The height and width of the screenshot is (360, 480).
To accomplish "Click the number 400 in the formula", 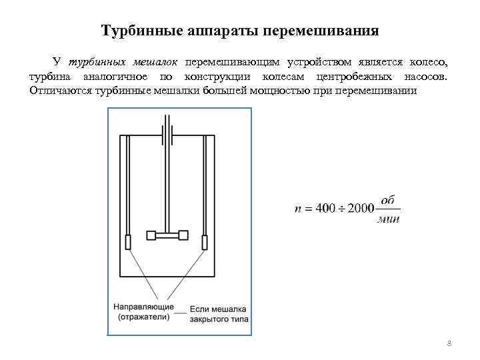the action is tap(325, 209).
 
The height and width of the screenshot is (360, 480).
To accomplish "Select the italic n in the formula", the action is tap(297, 209).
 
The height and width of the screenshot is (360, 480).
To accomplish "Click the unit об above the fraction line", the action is tap(388, 200).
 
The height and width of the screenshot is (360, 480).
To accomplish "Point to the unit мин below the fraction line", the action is tap(388, 219).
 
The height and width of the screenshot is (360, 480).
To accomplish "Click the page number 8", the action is tap(449, 343).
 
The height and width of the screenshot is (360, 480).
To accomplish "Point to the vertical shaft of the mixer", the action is tap(167, 180).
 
